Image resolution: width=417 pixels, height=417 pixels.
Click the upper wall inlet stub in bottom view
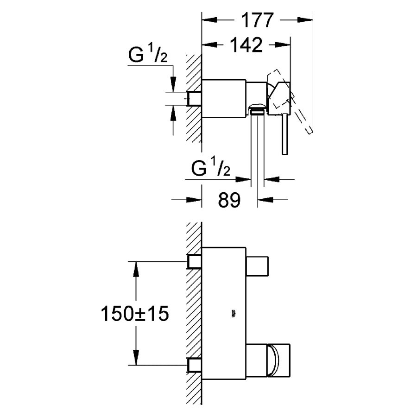click(x=195, y=262)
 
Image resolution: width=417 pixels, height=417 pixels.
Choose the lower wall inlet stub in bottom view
click(x=195, y=366)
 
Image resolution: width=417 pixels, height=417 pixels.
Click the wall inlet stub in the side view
click(x=194, y=99)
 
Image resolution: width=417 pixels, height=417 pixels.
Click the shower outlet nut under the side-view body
click(x=257, y=110)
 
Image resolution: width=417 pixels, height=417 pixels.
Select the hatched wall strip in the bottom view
click(x=193, y=315)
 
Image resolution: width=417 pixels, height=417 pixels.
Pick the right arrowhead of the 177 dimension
click(x=308, y=20)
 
